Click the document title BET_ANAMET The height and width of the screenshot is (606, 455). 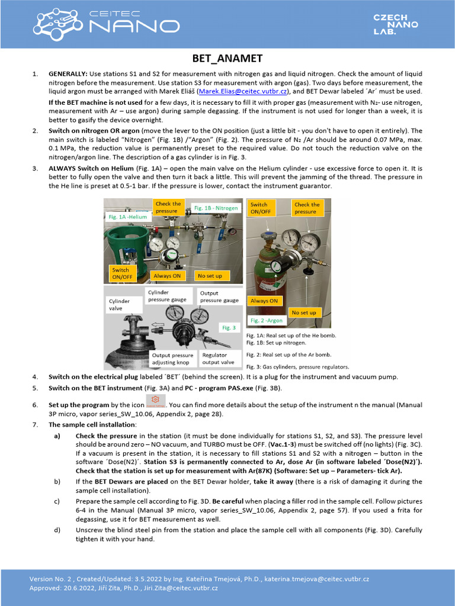coord(227,58)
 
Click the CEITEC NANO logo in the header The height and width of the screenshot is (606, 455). coord(107,24)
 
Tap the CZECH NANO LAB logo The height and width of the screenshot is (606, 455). coord(395,24)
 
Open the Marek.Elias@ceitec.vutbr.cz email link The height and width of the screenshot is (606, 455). coord(243,92)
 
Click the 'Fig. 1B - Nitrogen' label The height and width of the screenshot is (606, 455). coord(216,208)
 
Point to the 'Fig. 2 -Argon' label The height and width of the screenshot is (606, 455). coord(267,320)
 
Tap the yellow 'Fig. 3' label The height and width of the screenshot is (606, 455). coord(229,327)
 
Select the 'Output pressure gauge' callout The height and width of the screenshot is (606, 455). coord(219,296)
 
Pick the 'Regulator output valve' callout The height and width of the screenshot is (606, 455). coord(218,359)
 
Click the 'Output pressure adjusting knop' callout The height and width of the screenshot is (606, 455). coord(172,359)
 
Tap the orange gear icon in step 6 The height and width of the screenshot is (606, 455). coord(155,400)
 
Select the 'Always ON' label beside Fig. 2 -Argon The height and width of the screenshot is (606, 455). coord(264,301)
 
